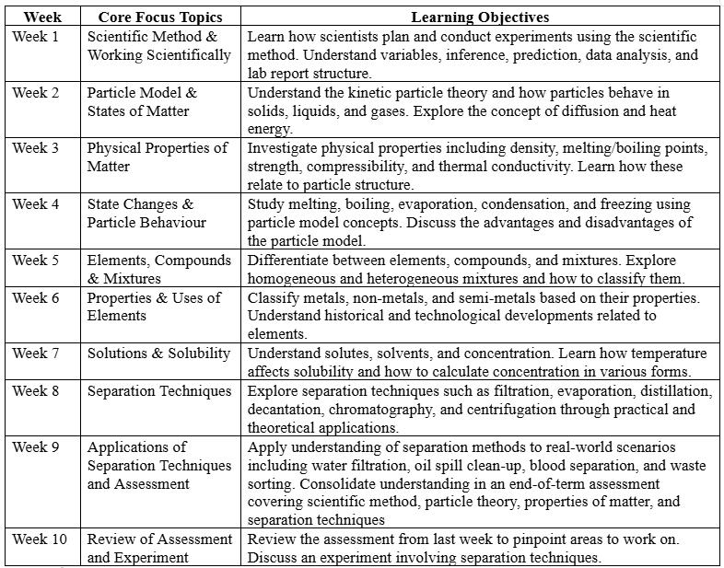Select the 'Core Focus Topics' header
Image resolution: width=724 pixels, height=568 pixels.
[x=158, y=17]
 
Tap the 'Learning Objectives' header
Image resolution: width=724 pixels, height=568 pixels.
[x=480, y=17]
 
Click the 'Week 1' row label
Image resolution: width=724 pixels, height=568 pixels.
[x=36, y=37]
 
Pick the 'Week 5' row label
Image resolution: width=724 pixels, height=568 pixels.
[x=36, y=261]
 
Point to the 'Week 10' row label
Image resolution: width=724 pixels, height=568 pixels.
[x=40, y=539]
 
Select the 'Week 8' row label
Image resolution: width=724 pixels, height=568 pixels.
[x=36, y=391]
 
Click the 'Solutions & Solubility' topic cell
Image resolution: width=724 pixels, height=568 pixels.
[x=159, y=354]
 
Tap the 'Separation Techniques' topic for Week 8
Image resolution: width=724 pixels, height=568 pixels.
[x=159, y=391]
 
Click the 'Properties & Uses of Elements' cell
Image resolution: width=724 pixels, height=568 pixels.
[x=155, y=307]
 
